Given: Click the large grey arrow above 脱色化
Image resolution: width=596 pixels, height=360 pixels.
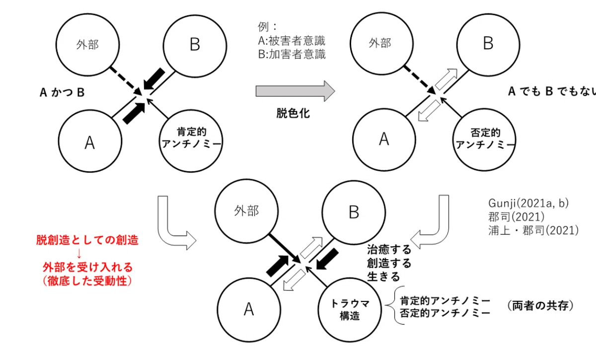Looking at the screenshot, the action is pos(295,91).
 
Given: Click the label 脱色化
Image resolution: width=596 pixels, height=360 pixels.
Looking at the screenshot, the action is pos(293,113).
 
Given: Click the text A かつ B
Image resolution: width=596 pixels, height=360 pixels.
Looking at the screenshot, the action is pos(62,92).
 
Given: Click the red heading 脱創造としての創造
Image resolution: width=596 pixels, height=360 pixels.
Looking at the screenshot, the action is pos(87,240).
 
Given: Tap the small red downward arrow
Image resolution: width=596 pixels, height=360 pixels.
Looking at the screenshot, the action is pos(79,254).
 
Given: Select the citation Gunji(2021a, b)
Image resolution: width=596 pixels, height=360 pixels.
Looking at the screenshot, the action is pos(528,203).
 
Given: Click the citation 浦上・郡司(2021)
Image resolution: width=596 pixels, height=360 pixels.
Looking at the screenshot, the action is pos(533,230).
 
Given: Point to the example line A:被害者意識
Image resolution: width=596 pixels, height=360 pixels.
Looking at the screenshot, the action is pos(292,41).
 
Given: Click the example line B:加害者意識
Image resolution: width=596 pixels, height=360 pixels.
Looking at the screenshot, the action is pos(292,54).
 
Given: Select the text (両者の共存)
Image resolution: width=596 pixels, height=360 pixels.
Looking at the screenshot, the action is pos(540,305).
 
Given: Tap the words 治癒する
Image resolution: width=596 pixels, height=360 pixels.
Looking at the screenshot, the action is pos(389,250).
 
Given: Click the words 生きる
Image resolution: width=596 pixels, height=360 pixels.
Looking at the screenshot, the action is pos(383,277).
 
